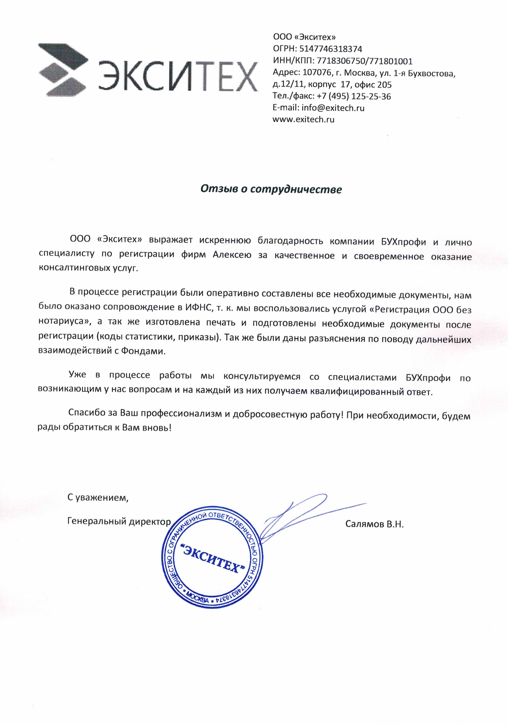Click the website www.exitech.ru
click(303, 120)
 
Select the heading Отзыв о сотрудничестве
click(271, 189)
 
